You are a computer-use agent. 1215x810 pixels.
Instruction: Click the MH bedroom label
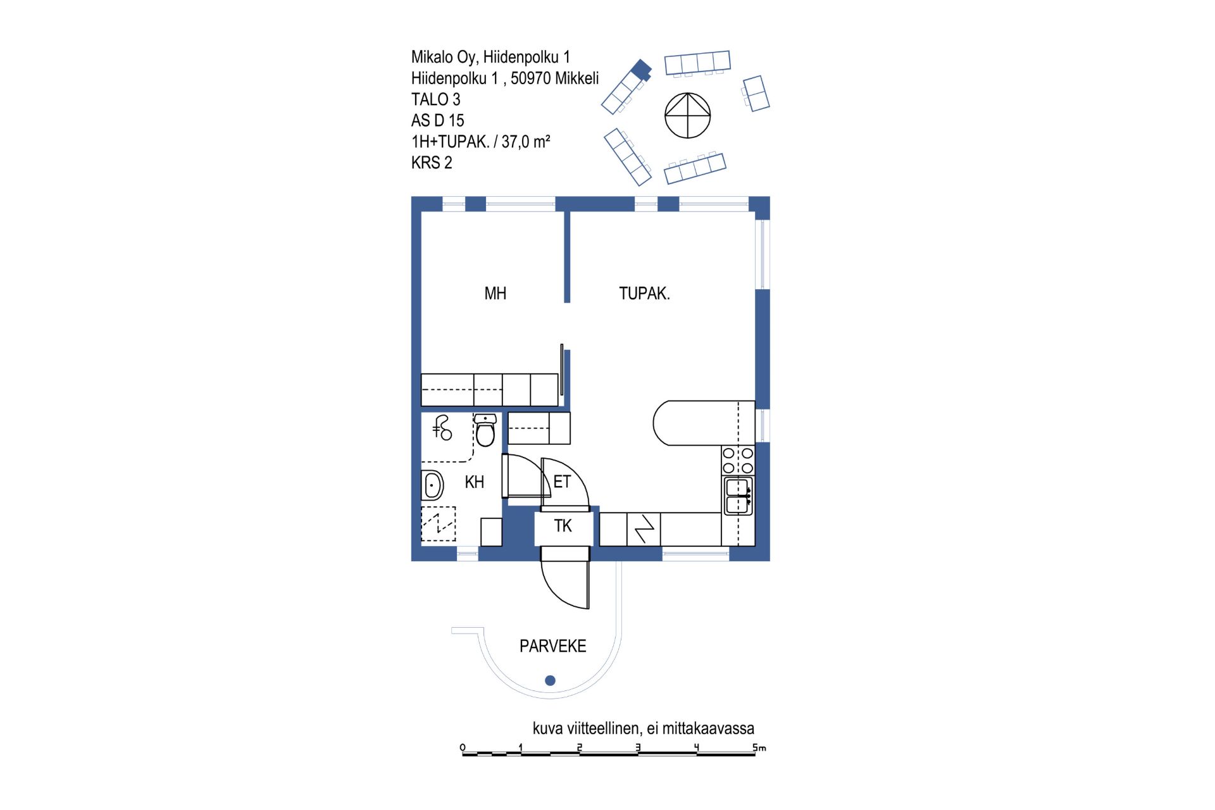tap(495, 294)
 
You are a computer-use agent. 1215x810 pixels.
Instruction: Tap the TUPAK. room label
tap(644, 294)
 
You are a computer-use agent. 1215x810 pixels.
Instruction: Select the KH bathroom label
tap(474, 482)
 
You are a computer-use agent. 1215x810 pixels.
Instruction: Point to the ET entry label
tap(562, 482)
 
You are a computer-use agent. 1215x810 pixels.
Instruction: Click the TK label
tap(563, 526)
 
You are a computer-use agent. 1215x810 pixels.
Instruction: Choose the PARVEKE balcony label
tap(552, 646)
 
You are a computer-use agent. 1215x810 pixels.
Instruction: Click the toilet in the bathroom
tap(485, 430)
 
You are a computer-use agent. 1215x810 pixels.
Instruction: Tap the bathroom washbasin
tap(433, 486)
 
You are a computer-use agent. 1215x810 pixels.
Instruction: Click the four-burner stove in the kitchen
tap(738, 460)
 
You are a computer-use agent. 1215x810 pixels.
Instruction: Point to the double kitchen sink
tap(738, 496)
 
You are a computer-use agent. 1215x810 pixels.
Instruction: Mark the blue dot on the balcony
tap(550, 681)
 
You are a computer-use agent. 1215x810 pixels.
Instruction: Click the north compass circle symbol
tap(687, 116)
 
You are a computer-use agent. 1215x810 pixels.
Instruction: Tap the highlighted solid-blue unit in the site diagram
tap(643, 69)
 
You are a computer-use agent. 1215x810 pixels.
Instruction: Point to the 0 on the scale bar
tap(463, 747)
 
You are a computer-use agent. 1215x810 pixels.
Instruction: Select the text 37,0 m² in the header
tap(526, 142)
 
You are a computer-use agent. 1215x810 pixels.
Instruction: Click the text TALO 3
tap(435, 99)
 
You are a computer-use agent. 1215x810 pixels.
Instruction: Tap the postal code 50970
tap(530, 78)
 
